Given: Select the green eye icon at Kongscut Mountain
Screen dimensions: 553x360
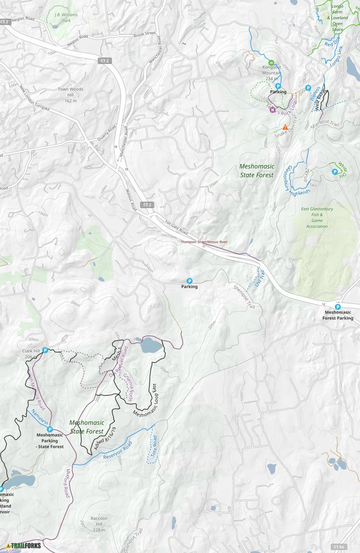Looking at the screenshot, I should coord(271,63).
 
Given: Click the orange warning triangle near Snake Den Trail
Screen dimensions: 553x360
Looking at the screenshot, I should coord(285,127).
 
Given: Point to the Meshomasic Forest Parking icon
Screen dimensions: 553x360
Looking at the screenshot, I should coord(338,307).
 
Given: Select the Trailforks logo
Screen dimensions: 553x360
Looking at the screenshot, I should coord(24,545).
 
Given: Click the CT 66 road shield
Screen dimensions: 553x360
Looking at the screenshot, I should coord(338,547).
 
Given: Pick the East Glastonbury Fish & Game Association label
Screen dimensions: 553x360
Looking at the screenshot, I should coord(317,217).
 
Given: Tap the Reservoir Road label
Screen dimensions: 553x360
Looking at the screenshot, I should coord(118,450).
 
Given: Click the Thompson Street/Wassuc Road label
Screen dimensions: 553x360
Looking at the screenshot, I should coord(204,242).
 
